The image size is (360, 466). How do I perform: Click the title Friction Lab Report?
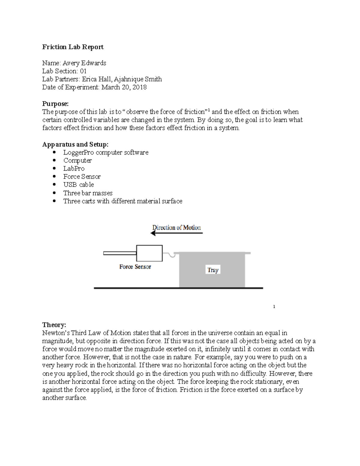73,47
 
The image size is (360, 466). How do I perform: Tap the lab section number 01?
83,71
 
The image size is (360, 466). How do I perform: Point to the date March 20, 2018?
124,87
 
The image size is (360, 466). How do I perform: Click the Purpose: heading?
55,104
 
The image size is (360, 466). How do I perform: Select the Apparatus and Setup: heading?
75,144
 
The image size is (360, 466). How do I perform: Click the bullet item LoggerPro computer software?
106,152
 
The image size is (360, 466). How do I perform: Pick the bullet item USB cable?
79,185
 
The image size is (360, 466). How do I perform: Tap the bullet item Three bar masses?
88,193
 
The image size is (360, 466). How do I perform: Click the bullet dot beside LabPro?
54,168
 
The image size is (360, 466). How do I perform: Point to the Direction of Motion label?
176,227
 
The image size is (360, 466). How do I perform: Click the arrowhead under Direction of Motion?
153,233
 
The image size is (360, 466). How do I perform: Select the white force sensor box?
149,253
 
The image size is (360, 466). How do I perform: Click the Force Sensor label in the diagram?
135,267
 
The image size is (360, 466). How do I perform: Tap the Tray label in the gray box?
213,270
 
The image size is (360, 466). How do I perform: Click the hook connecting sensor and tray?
172,255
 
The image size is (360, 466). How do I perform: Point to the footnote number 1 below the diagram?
274,307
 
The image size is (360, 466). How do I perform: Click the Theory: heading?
54,325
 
